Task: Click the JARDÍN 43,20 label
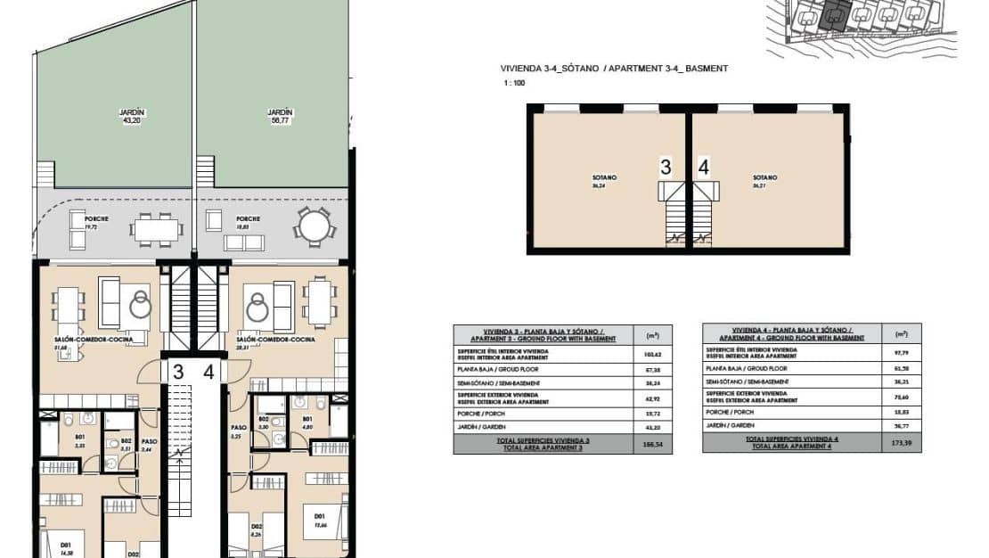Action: (x=133, y=116)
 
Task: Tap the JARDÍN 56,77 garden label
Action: (x=281, y=116)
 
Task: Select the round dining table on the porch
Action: (x=313, y=226)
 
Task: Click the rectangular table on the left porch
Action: (x=157, y=230)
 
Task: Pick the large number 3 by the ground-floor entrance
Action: (x=178, y=372)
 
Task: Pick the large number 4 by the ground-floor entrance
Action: (x=208, y=372)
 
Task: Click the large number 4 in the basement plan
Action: (x=704, y=166)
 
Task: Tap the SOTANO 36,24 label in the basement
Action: (x=604, y=181)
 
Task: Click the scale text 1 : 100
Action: (x=516, y=83)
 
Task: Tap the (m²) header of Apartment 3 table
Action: (x=651, y=335)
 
